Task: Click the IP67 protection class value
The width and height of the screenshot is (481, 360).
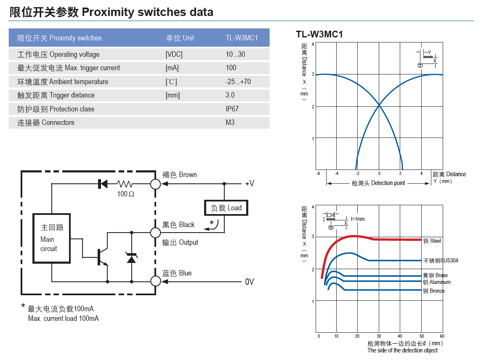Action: (x=232, y=109)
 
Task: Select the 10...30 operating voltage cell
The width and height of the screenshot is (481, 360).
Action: (x=235, y=54)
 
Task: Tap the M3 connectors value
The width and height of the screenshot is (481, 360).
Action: (x=230, y=122)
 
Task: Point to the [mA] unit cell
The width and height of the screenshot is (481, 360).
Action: (x=172, y=68)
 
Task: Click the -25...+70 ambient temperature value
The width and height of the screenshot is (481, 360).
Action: (x=238, y=82)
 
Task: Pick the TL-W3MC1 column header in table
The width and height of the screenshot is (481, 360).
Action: (x=242, y=38)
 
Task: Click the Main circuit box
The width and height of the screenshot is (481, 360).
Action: (x=51, y=238)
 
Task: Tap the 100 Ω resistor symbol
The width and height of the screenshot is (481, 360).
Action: (x=125, y=184)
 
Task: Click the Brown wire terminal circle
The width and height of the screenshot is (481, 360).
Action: (x=156, y=184)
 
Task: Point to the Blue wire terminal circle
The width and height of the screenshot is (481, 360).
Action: (x=156, y=281)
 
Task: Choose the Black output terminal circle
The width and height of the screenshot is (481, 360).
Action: (x=156, y=232)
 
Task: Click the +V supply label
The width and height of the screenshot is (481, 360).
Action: (x=250, y=184)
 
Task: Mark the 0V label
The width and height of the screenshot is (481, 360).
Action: (x=250, y=281)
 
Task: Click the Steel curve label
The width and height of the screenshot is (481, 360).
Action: (x=432, y=241)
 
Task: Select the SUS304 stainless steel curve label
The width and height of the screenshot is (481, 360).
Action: (x=441, y=261)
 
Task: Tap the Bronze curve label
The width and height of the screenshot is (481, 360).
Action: (x=434, y=291)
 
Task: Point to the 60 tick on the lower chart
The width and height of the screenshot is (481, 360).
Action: (x=442, y=336)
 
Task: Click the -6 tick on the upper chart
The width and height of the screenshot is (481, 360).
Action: (x=319, y=174)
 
